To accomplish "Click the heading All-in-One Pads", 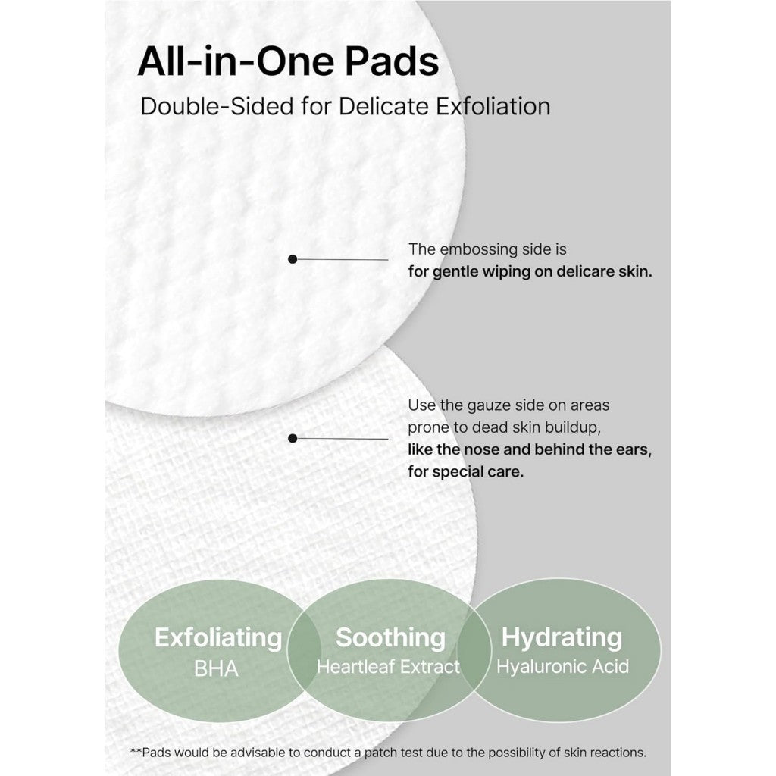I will tap(288, 61).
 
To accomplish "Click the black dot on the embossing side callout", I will tap(293, 259).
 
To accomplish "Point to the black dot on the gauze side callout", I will tap(293, 438).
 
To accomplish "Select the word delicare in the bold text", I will tap(584, 271).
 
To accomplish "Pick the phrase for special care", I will tap(465, 471).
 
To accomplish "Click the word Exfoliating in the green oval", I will tap(218, 638).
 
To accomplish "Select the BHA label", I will tap(216, 668).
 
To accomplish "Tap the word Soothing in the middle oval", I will tap(390, 637).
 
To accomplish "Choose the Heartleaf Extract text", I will tap(388, 667).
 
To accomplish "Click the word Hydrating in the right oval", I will tap(562, 637).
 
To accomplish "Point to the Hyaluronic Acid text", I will tap(562, 667).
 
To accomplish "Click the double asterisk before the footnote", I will tap(136, 753).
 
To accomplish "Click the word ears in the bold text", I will tap(630, 449).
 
